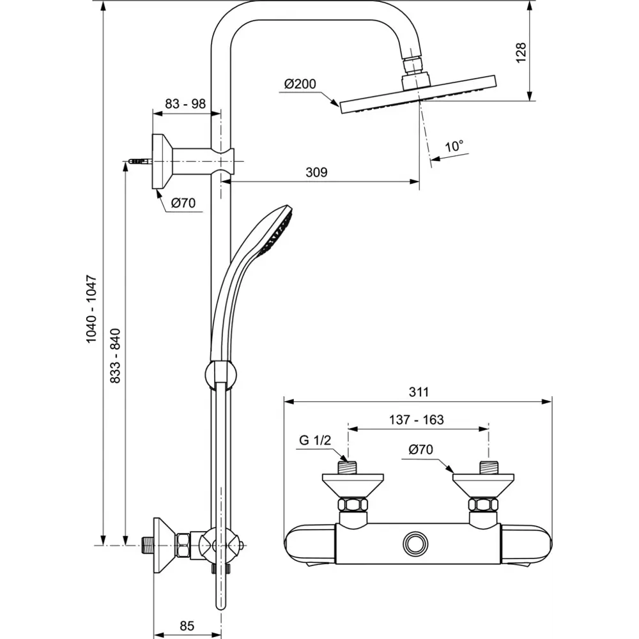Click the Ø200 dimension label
point(300,84)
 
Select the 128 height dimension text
point(521,52)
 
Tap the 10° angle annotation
point(454,146)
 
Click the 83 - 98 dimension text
point(185,104)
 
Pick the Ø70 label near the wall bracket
point(183,204)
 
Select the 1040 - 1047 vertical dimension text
point(91,308)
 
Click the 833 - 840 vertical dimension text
point(116,356)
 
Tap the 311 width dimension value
point(419,392)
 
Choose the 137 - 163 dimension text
point(417,420)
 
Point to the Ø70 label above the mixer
point(421,450)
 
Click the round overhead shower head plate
point(419,96)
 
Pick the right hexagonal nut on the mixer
point(482,504)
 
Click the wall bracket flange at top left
point(160,162)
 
